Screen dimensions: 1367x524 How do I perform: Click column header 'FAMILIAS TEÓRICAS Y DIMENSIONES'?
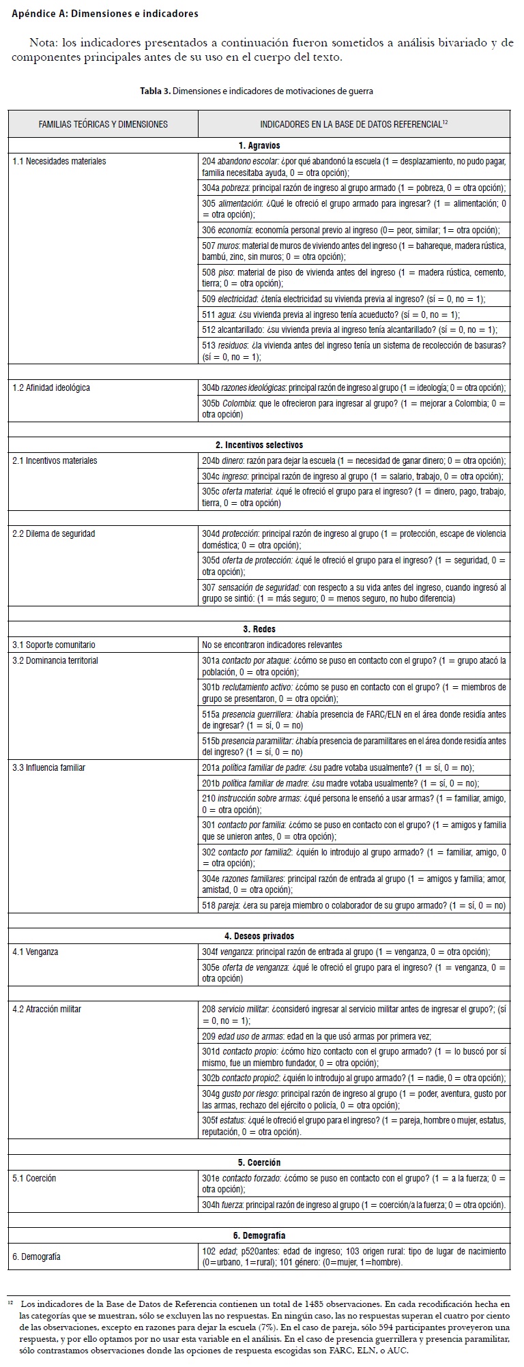coord(103,124)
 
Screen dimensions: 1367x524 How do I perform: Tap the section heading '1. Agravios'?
coord(259,145)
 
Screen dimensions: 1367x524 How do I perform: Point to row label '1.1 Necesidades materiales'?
coord(59,161)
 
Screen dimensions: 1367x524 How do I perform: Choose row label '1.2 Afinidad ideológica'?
coord(51,387)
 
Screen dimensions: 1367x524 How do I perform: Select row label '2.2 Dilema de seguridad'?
coord(54,533)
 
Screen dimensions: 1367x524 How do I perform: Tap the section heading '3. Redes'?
coord(259,629)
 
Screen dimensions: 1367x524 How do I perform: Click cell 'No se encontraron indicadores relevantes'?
coord(272,645)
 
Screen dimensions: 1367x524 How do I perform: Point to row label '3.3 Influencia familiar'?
coord(49,767)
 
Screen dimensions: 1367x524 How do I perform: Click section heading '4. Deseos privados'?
coord(259,936)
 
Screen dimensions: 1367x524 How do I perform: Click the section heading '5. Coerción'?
coord(259,1162)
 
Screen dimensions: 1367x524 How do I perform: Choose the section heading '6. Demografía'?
coord(259,1235)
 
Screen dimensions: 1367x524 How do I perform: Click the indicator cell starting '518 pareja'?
coord(354,906)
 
